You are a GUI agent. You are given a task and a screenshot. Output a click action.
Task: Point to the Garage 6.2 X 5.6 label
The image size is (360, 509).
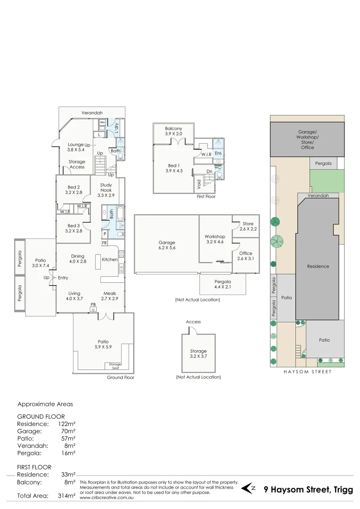pyautogui.click(x=167, y=245)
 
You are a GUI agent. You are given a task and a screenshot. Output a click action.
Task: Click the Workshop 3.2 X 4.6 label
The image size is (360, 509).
pyautogui.click(x=214, y=239)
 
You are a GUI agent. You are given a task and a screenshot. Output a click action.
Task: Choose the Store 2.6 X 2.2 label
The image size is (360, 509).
pyautogui.click(x=248, y=226)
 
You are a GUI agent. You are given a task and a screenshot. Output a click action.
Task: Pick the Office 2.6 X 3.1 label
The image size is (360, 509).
pyautogui.click(x=245, y=256)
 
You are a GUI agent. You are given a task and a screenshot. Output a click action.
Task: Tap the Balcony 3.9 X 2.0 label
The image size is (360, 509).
pyautogui.click(x=173, y=131)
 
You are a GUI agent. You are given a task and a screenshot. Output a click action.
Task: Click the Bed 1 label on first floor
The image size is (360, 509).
pyautogui.click(x=173, y=168)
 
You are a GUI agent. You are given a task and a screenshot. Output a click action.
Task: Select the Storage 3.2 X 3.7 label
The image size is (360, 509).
pyautogui.click(x=198, y=354)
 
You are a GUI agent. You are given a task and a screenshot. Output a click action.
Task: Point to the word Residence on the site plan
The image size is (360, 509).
pyautogui.click(x=318, y=266)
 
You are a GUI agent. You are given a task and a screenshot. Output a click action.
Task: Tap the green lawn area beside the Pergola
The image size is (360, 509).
pyautogui.click(x=327, y=181)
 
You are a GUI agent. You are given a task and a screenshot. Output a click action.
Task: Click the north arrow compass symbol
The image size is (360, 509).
pyautogui.click(x=248, y=489)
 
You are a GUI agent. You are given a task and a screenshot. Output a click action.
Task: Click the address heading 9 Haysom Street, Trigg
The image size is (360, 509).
pyautogui.click(x=308, y=490)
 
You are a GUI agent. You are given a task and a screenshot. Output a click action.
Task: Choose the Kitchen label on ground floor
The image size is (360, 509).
pyautogui.click(x=110, y=260)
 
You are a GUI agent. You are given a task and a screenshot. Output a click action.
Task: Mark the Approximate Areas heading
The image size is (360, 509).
pyautogui.click(x=45, y=404)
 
